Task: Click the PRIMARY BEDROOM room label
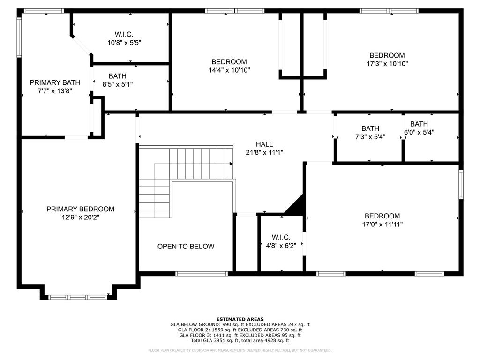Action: pos(80,209)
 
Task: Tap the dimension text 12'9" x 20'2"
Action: pos(80,217)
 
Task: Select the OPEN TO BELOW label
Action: pos(186,247)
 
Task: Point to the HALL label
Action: pos(264,144)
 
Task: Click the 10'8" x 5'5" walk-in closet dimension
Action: pos(124,42)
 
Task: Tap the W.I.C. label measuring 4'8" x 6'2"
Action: pos(281,237)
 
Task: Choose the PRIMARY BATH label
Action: pos(55,82)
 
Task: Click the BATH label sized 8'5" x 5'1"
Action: pos(117,76)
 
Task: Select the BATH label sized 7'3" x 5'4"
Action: pos(370,128)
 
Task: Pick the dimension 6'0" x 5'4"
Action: pos(419,132)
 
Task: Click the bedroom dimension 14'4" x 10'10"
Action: pos(229,70)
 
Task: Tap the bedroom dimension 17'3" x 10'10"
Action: pos(387,63)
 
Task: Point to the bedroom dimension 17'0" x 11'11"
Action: pos(382,224)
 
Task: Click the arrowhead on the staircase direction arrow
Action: pos(231,164)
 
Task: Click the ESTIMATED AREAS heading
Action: pos(240,319)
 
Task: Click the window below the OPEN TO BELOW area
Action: pos(195,273)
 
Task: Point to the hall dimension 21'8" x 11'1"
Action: pos(264,152)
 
